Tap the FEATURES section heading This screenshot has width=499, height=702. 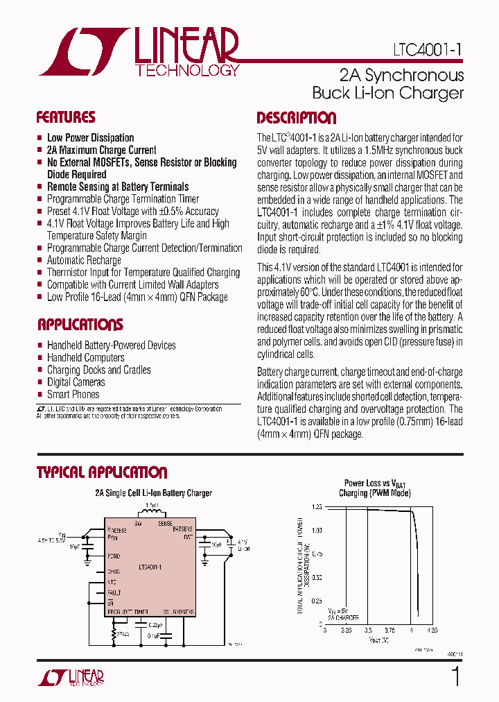(66, 117)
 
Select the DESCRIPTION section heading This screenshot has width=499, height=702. (296, 118)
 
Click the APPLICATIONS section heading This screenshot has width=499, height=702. (80, 325)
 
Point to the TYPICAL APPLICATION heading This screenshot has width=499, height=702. (102, 473)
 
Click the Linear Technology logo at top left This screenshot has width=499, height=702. (139, 52)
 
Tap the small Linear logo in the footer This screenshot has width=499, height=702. (69, 676)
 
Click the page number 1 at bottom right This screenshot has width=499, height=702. (455, 676)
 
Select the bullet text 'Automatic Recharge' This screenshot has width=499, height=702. (84, 260)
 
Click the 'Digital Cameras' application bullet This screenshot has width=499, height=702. (76, 382)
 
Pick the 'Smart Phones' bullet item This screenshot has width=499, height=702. (73, 394)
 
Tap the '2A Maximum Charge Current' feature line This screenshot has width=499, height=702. (101, 150)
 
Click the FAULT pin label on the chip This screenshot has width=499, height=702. (114, 592)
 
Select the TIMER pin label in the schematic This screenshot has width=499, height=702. (141, 613)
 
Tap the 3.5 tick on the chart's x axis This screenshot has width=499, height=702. (367, 631)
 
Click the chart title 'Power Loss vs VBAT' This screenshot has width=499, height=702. (375, 483)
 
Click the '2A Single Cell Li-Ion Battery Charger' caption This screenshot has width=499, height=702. (153, 493)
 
